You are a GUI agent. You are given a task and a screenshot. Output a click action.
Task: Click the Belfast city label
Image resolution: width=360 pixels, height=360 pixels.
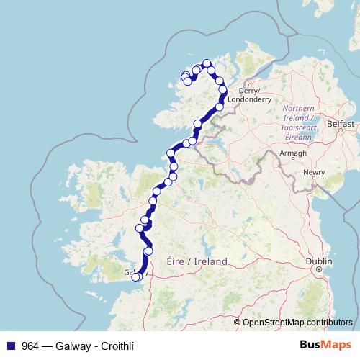coord(341,124)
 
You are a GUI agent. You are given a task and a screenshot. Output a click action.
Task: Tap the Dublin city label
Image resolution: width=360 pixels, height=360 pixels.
coord(318,261)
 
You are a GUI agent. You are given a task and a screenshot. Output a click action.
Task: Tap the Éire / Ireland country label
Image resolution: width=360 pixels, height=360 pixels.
coord(197,261)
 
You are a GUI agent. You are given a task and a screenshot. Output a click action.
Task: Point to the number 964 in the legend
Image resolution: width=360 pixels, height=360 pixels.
coord(30,345)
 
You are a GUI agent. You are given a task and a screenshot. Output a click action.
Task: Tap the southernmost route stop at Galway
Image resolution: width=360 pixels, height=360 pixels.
coord(135,277)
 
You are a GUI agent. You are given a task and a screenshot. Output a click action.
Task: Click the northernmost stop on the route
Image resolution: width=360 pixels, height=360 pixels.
coord(207,63)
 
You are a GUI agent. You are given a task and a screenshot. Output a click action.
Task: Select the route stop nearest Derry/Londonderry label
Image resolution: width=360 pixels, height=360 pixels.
coord(223,90)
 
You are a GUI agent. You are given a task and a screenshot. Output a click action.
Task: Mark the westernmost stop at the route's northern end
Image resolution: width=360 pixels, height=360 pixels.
coord(184,76)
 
